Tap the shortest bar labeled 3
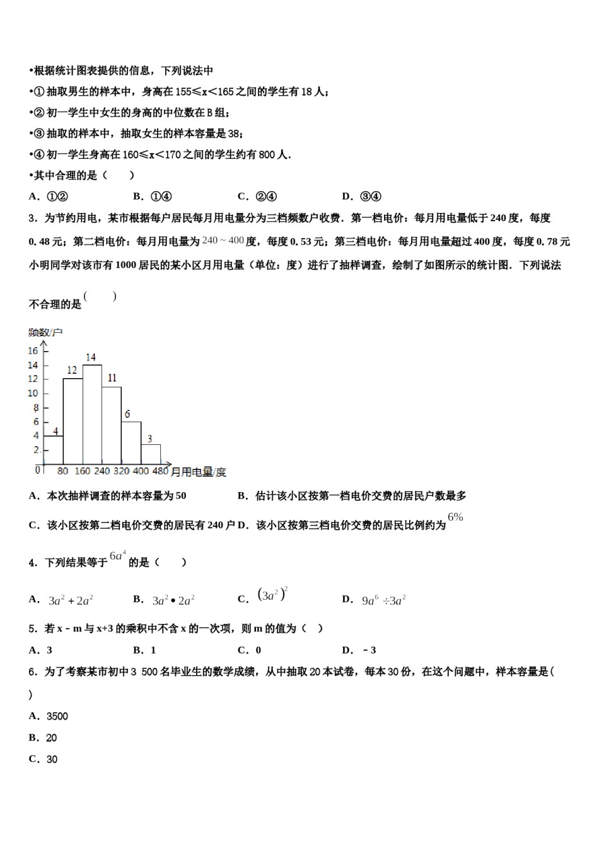tap(150, 454)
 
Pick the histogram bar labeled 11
tap(112, 425)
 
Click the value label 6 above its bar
tap(127, 414)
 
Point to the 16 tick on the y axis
tap(33, 351)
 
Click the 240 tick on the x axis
tap(102, 471)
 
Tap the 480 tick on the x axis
tap(160, 471)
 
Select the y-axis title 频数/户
tap(45, 332)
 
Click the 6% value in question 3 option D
tap(455, 517)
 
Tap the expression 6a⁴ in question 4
tap(118, 556)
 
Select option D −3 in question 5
tap(360, 650)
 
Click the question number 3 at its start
tap(32, 218)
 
